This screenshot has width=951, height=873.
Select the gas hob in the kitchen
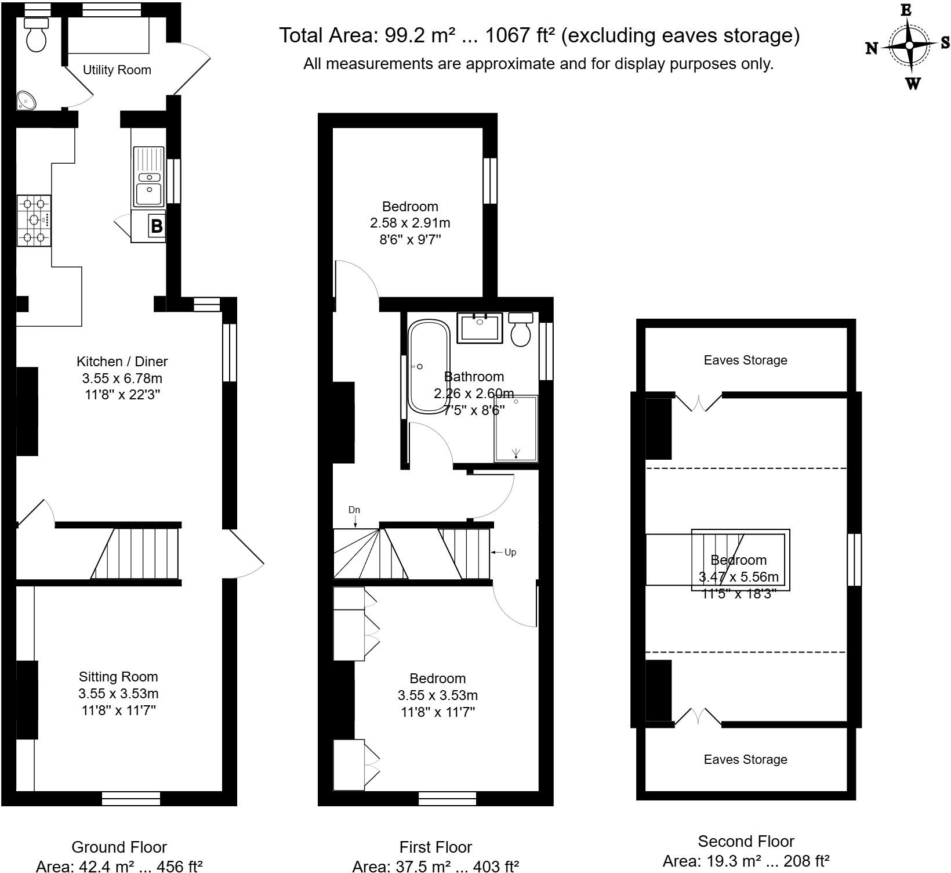pyautogui.click(x=34, y=221)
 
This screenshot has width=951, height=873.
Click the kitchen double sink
pyautogui.click(x=148, y=176)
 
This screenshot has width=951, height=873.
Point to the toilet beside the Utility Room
pyautogui.click(x=37, y=35)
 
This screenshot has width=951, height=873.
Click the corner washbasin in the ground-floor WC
pyautogui.click(x=26, y=100)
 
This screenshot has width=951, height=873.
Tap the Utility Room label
pyautogui.click(x=117, y=70)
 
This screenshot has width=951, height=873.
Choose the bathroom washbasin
pyautogui.click(x=479, y=328)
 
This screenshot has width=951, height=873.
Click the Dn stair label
pyautogui.click(x=354, y=510)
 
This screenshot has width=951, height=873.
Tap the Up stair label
pyautogui.click(x=510, y=552)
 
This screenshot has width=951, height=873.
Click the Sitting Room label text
pyautogui.click(x=118, y=677)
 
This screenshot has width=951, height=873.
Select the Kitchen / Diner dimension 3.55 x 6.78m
pyautogui.click(x=122, y=378)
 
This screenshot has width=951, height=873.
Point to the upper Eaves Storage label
pyautogui.click(x=745, y=360)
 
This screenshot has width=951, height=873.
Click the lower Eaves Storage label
pyautogui.click(x=745, y=759)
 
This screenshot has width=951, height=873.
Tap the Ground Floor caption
pyautogui.click(x=119, y=847)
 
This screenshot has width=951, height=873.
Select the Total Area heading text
pyautogui.click(x=539, y=36)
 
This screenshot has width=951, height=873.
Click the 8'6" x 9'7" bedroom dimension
pyautogui.click(x=410, y=239)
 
